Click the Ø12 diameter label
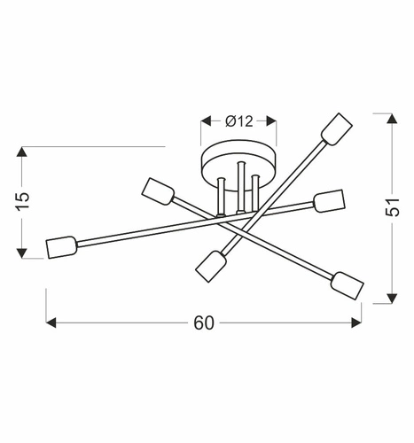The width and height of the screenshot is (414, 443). point(239,120)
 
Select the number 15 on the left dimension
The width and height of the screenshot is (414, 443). point(24,202)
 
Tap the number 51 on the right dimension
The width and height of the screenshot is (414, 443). point(392,207)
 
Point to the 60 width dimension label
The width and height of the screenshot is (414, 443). point(204,323)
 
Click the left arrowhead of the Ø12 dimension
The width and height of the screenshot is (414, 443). point(206,120)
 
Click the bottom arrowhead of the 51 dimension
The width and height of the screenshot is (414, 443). point(391,298)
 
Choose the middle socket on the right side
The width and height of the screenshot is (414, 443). point(327,199)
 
